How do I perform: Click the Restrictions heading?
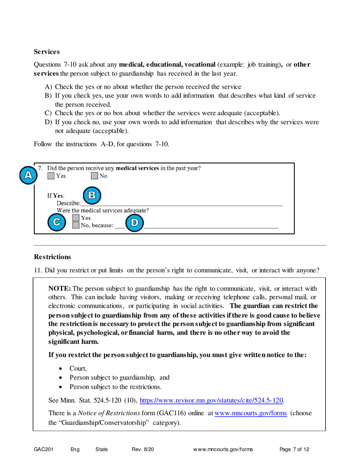52,257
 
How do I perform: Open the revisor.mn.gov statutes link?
212,400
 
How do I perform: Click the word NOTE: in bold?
60,288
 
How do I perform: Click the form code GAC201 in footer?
43,450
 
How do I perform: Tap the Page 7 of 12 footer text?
294,450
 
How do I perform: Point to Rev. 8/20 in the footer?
143,450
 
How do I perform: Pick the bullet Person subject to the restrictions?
116,387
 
